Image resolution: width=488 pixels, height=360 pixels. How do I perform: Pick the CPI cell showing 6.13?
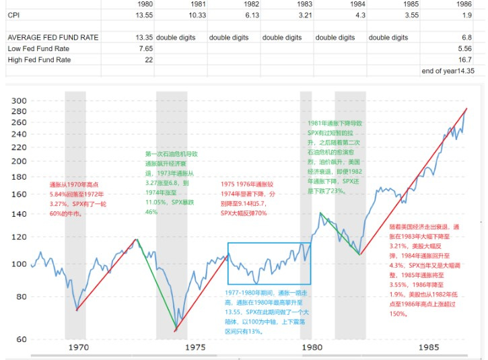(250, 13)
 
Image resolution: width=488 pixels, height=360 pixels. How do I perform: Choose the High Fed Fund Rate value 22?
(147, 60)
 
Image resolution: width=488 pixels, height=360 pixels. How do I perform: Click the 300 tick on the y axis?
(19, 101)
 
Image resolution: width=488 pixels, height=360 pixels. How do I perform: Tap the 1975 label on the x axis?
(195, 348)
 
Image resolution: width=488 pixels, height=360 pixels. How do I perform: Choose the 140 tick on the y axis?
(19, 214)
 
